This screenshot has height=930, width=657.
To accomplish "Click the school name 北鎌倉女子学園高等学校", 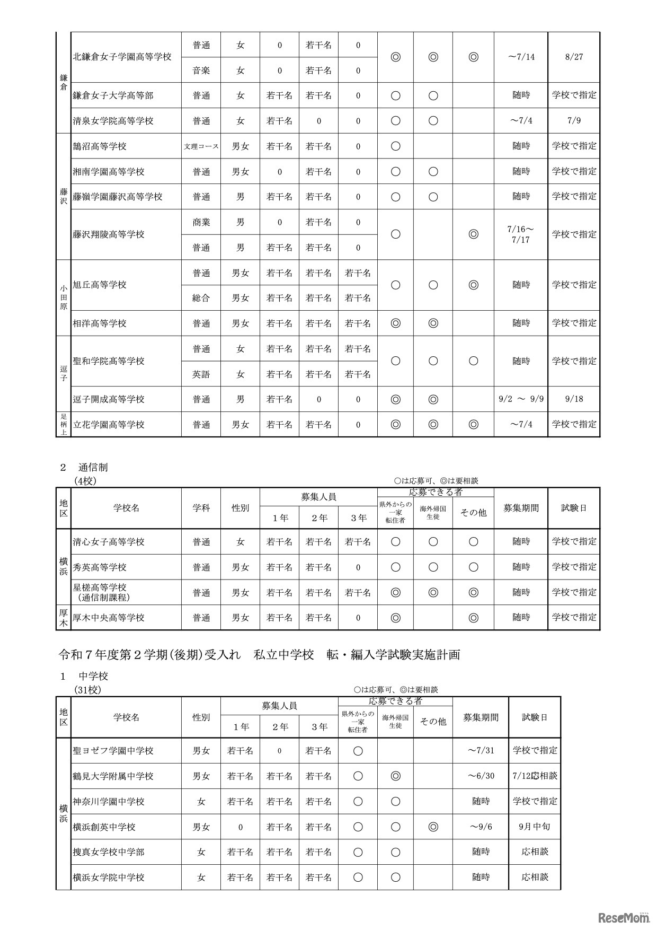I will [122, 57].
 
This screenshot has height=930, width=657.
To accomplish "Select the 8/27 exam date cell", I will [574, 57].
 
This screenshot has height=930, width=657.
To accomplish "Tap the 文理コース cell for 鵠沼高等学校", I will [201, 146].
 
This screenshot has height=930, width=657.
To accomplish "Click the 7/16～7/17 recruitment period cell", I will [521, 234].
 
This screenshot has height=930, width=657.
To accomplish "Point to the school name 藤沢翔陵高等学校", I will [109, 234].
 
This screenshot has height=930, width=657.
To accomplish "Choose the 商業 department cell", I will [201, 222].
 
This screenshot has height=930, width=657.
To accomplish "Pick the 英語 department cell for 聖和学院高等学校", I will [201, 374].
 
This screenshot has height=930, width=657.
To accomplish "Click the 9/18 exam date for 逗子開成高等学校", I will [574, 399].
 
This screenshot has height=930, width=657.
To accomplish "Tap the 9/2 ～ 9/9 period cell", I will [521, 399].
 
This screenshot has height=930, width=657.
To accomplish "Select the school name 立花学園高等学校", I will [109, 425].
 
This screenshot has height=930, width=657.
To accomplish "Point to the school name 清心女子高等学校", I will [109, 542].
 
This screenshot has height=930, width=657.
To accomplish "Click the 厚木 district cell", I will [63, 618].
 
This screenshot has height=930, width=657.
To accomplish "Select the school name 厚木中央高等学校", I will [109, 618].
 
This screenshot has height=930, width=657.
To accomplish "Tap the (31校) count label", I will [87, 690].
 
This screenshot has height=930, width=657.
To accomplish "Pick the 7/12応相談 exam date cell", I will [535, 776].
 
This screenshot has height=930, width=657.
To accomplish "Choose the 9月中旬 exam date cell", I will [535, 827].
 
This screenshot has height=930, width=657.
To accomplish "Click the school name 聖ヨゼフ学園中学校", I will [113, 751].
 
